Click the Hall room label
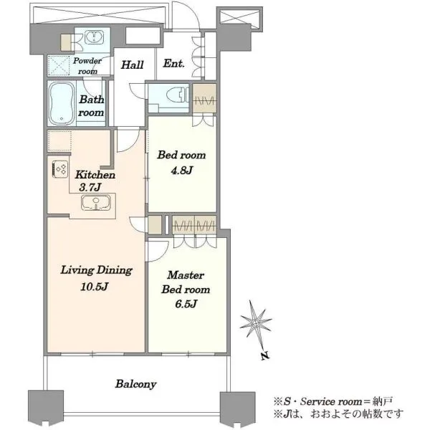click(133, 65)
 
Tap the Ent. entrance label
click(173, 64)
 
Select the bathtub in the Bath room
click(62, 103)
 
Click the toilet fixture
click(178, 95)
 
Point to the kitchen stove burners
click(60, 169)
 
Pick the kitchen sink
click(96, 203)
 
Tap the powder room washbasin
click(94, 37)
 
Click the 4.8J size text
click(181, 171)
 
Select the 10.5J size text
click(95, 287)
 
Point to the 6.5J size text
click(186, 304)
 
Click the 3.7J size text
click(90, 188)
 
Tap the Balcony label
click(135, 384)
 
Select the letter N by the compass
click(265, 355)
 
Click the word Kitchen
click(95, 175)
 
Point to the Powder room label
click(87, 66)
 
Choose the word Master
click(186, 275)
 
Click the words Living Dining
click(97, 270)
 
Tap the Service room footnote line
click(333, 402)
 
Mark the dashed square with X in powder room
click(59, 65)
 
